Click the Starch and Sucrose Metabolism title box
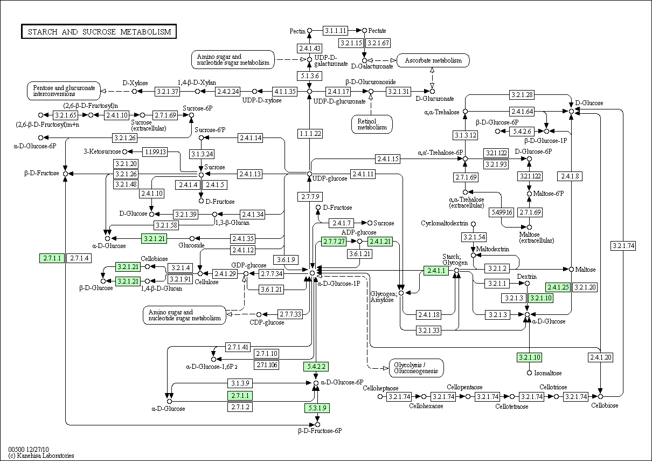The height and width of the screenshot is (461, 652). click(x=99, y=31)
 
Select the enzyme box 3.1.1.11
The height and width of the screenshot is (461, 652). click(x=335, y=30)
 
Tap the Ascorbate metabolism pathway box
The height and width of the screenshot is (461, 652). click(x=433, y=60)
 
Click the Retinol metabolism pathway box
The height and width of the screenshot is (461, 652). click(x=372, y=125)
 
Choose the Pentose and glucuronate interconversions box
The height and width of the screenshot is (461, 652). click(x=64, y=91)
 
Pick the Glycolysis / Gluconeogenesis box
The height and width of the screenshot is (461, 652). click(x=416, y=368)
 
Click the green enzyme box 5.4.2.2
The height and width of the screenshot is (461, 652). click(x=316, y=366)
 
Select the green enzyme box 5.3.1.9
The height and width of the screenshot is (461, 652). click(x=317, y=408)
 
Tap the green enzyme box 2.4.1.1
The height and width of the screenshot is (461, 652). click(x=436, y=271)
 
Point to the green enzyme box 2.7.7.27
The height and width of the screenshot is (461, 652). click(x=334, y=242)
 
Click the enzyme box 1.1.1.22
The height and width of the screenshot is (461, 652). click(x=310, y=134)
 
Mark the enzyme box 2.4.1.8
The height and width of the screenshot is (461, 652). click(x=570, y=176)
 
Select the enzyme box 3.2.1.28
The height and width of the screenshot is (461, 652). click(x=522, y=95)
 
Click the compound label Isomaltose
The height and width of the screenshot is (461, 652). click(x=548, y=373)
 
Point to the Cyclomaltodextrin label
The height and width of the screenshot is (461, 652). click(x=445, y=223)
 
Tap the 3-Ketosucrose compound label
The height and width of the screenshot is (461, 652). click(x=102, y=152)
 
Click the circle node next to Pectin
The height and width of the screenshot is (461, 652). click(x=310, y=31)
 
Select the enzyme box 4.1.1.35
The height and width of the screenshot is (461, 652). click(x=285, y=92)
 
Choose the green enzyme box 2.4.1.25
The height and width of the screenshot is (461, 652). click(x=558, y=287)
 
